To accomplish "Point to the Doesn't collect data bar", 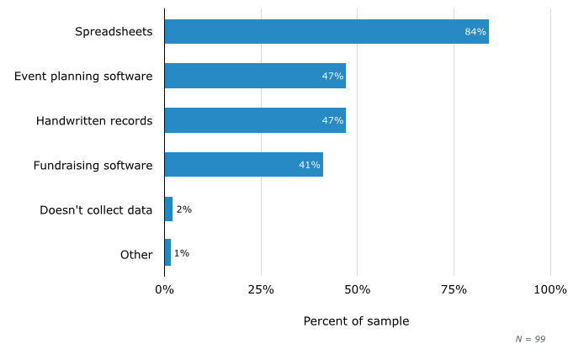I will click(168, 209).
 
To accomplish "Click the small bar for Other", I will click(167, 253).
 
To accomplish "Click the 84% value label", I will click(475, 32).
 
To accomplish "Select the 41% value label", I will click(310, 165).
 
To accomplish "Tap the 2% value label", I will click(183, 209).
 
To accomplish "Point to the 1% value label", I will click(181, 253).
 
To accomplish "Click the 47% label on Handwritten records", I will click(332, 120).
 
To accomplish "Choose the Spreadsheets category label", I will click(114, 32).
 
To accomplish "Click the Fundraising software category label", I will click(93, 165).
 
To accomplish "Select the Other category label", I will click(136, 254).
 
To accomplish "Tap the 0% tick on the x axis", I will click(164, 289).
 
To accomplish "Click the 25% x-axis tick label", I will click(261, 289).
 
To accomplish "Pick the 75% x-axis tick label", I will click(454, 289).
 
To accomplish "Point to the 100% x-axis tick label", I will click(550, 289).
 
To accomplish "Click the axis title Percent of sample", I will click(356, 321).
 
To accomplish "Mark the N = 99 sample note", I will click(530, 339).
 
